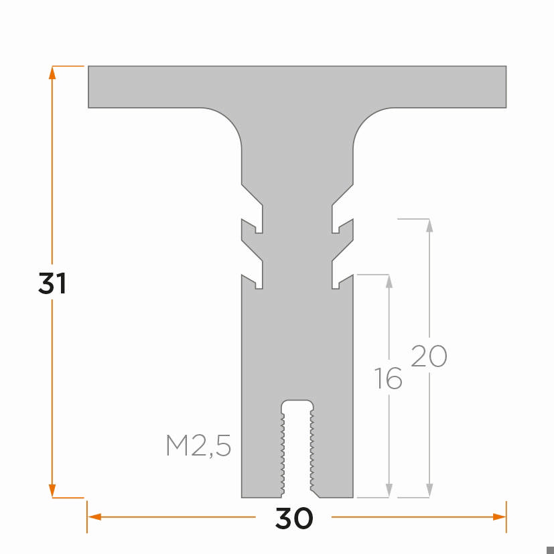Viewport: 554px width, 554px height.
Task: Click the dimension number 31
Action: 52,284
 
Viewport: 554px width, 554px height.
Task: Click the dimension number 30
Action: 293,518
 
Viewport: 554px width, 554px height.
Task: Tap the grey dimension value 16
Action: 389,379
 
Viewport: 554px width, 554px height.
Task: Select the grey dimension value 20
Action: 429,356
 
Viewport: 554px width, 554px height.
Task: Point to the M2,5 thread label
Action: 198,446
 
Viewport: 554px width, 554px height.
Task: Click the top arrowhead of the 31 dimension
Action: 52,72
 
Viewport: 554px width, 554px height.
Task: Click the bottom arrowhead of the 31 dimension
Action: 52,492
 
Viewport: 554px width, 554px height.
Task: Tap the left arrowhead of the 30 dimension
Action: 94,516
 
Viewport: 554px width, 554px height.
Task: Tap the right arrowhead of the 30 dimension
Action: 499,516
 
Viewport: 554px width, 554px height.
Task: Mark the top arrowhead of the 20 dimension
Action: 429,225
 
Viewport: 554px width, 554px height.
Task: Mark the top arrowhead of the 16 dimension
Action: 389,281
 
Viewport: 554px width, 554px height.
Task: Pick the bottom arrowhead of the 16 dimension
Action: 389,491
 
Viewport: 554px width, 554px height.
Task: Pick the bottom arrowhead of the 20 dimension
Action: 429,491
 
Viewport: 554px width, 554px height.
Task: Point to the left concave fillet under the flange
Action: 228,124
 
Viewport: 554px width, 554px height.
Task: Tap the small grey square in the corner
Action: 550,550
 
